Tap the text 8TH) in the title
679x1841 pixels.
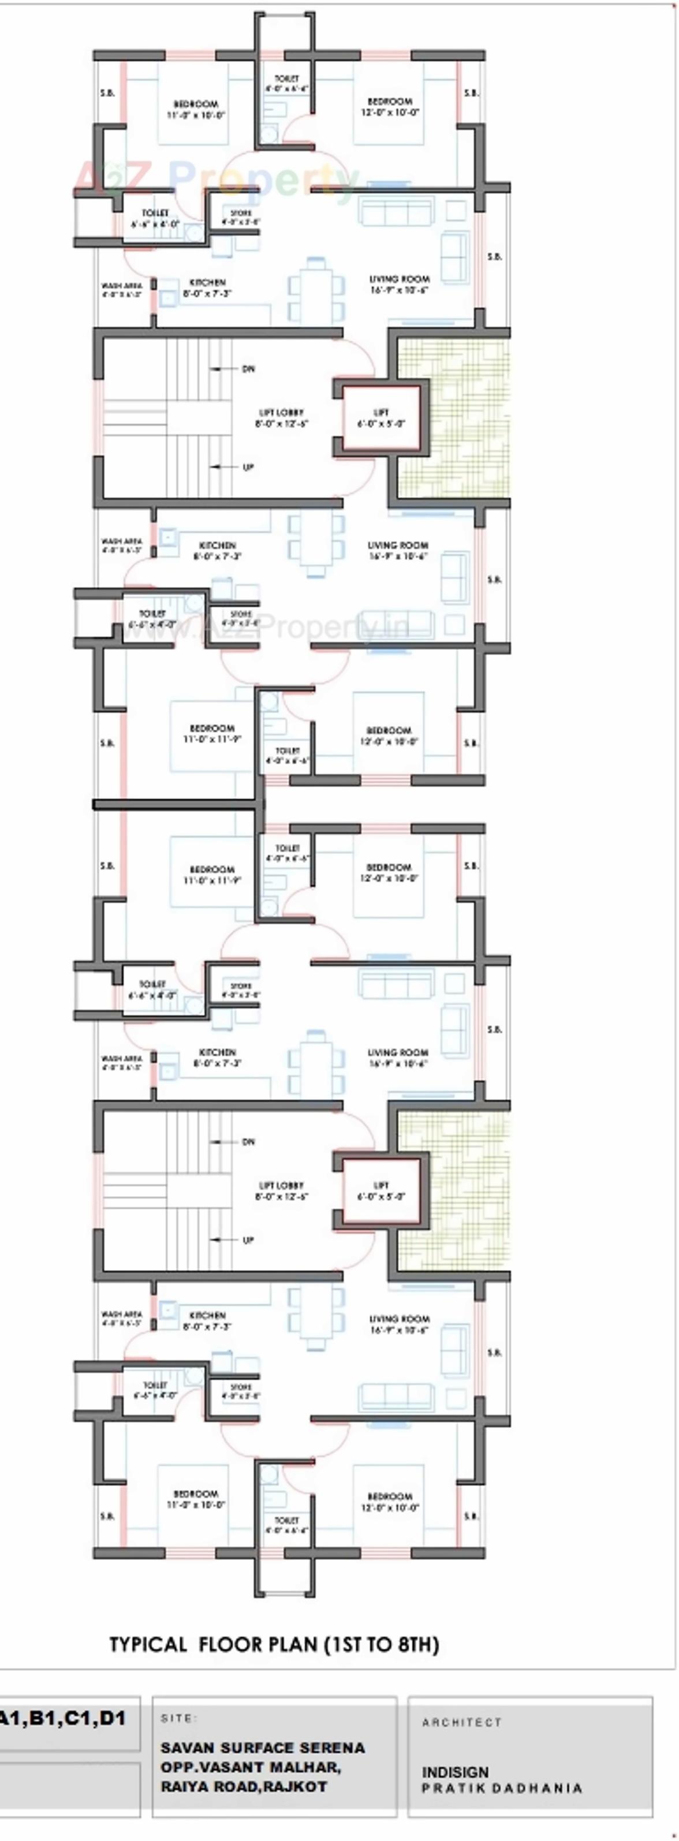(415, 1645)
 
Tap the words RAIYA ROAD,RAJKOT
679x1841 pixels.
(244, 1786)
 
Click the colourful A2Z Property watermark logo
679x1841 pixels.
(214, 178)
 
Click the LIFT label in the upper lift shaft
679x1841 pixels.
(381, 412)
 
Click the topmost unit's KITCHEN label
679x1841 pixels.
(207, 283)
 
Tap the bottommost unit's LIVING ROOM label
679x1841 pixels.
(399, 1319)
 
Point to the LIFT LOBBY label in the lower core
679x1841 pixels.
(281, 1185)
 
